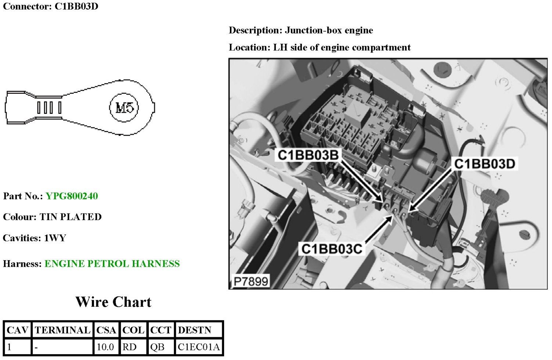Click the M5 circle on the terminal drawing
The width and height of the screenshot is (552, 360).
click(124, 108)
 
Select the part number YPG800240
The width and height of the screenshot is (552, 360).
click(72, 196)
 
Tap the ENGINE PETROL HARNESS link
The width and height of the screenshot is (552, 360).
click(112, 264)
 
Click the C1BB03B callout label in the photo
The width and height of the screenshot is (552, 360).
click(308, 155)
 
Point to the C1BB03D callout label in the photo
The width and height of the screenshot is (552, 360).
click(484, 164)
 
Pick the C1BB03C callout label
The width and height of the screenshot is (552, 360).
click(332, 249)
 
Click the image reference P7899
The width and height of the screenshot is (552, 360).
click(251, 281)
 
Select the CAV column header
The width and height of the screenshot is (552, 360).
click(17, 330)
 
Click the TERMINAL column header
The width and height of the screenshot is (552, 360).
click(62, 330)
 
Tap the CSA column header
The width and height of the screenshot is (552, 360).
click(106, 330)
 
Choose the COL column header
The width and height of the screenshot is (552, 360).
click(133, 330)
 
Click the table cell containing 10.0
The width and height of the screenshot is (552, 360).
click(105, 347)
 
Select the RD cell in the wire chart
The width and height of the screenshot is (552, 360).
click(129, 347)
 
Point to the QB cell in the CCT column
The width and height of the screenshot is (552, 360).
click(157, 347)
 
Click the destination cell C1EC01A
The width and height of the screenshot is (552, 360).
click(198, 347)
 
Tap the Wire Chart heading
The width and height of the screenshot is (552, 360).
click(113, 302)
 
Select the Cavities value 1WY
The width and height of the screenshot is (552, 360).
click(55, 238)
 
